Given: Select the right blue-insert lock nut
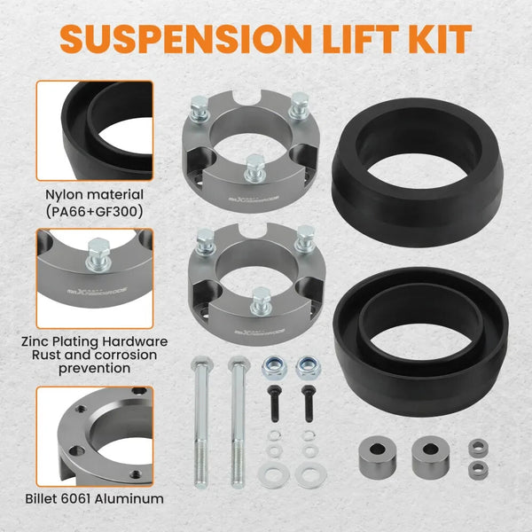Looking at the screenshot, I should click(307, 364).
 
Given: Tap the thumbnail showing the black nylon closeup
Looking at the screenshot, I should click(94, 130).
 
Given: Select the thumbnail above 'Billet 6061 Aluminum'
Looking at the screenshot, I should click(94, 435).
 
